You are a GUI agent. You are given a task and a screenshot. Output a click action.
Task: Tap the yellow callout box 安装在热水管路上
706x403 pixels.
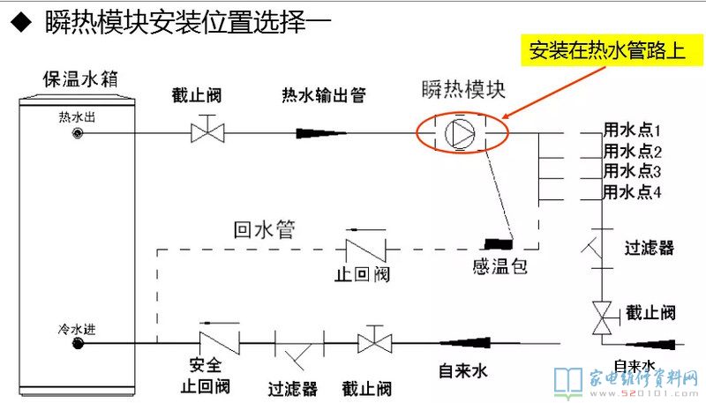(608, 50)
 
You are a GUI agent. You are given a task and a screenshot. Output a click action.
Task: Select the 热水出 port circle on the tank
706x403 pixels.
(80, 133)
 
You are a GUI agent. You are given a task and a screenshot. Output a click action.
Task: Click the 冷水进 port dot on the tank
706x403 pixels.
(80, 343)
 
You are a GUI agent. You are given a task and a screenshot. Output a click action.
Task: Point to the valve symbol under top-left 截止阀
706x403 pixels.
(208, 132)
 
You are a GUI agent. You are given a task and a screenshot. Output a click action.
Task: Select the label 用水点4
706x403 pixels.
(633, 191)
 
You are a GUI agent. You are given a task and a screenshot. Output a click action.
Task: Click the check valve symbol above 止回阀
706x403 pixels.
(361, 246)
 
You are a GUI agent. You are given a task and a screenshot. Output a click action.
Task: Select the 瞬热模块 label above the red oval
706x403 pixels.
(462, 90)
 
